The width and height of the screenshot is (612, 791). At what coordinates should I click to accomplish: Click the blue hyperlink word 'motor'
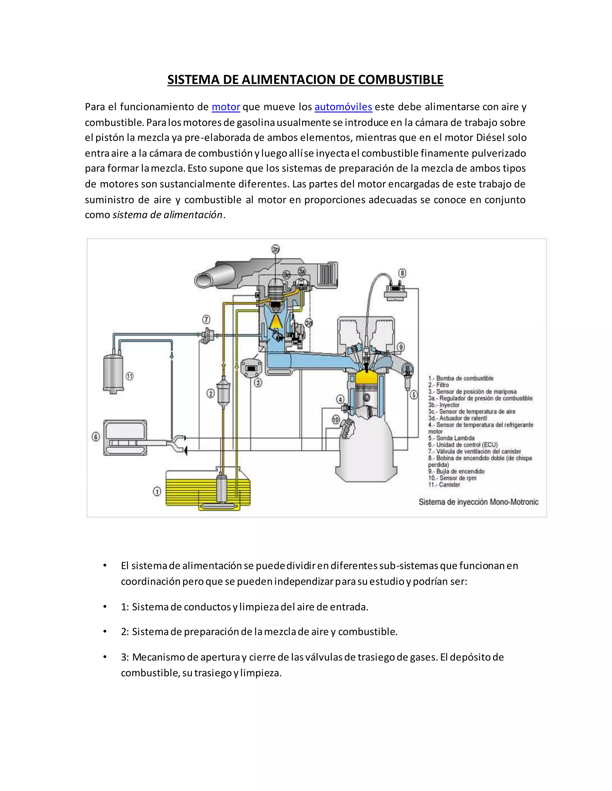(226, 107)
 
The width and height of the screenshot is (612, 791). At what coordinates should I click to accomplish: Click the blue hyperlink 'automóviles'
(343, 107)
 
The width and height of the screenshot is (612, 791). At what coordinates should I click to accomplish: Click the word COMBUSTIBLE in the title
(401, 80)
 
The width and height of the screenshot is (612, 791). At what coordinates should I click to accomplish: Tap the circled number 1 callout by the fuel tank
(157, 492)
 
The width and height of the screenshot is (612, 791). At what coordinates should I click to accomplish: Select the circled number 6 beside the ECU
(96, 437)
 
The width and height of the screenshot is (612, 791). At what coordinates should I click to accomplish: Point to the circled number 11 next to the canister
(129, 376)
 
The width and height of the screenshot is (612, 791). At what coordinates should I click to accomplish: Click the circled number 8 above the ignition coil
(402, 273)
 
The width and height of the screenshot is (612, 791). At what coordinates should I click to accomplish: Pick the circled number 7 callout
(206, 319)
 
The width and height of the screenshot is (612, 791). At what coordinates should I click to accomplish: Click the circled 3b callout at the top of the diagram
(276, 249)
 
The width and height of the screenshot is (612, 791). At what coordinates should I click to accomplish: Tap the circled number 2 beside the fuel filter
(210, 393)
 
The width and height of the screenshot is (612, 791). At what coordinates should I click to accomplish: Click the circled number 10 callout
(336, 419)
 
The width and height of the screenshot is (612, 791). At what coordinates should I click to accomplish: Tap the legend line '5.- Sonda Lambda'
(452, 438)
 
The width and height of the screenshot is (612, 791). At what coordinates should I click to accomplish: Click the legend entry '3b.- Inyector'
(444, 405)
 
